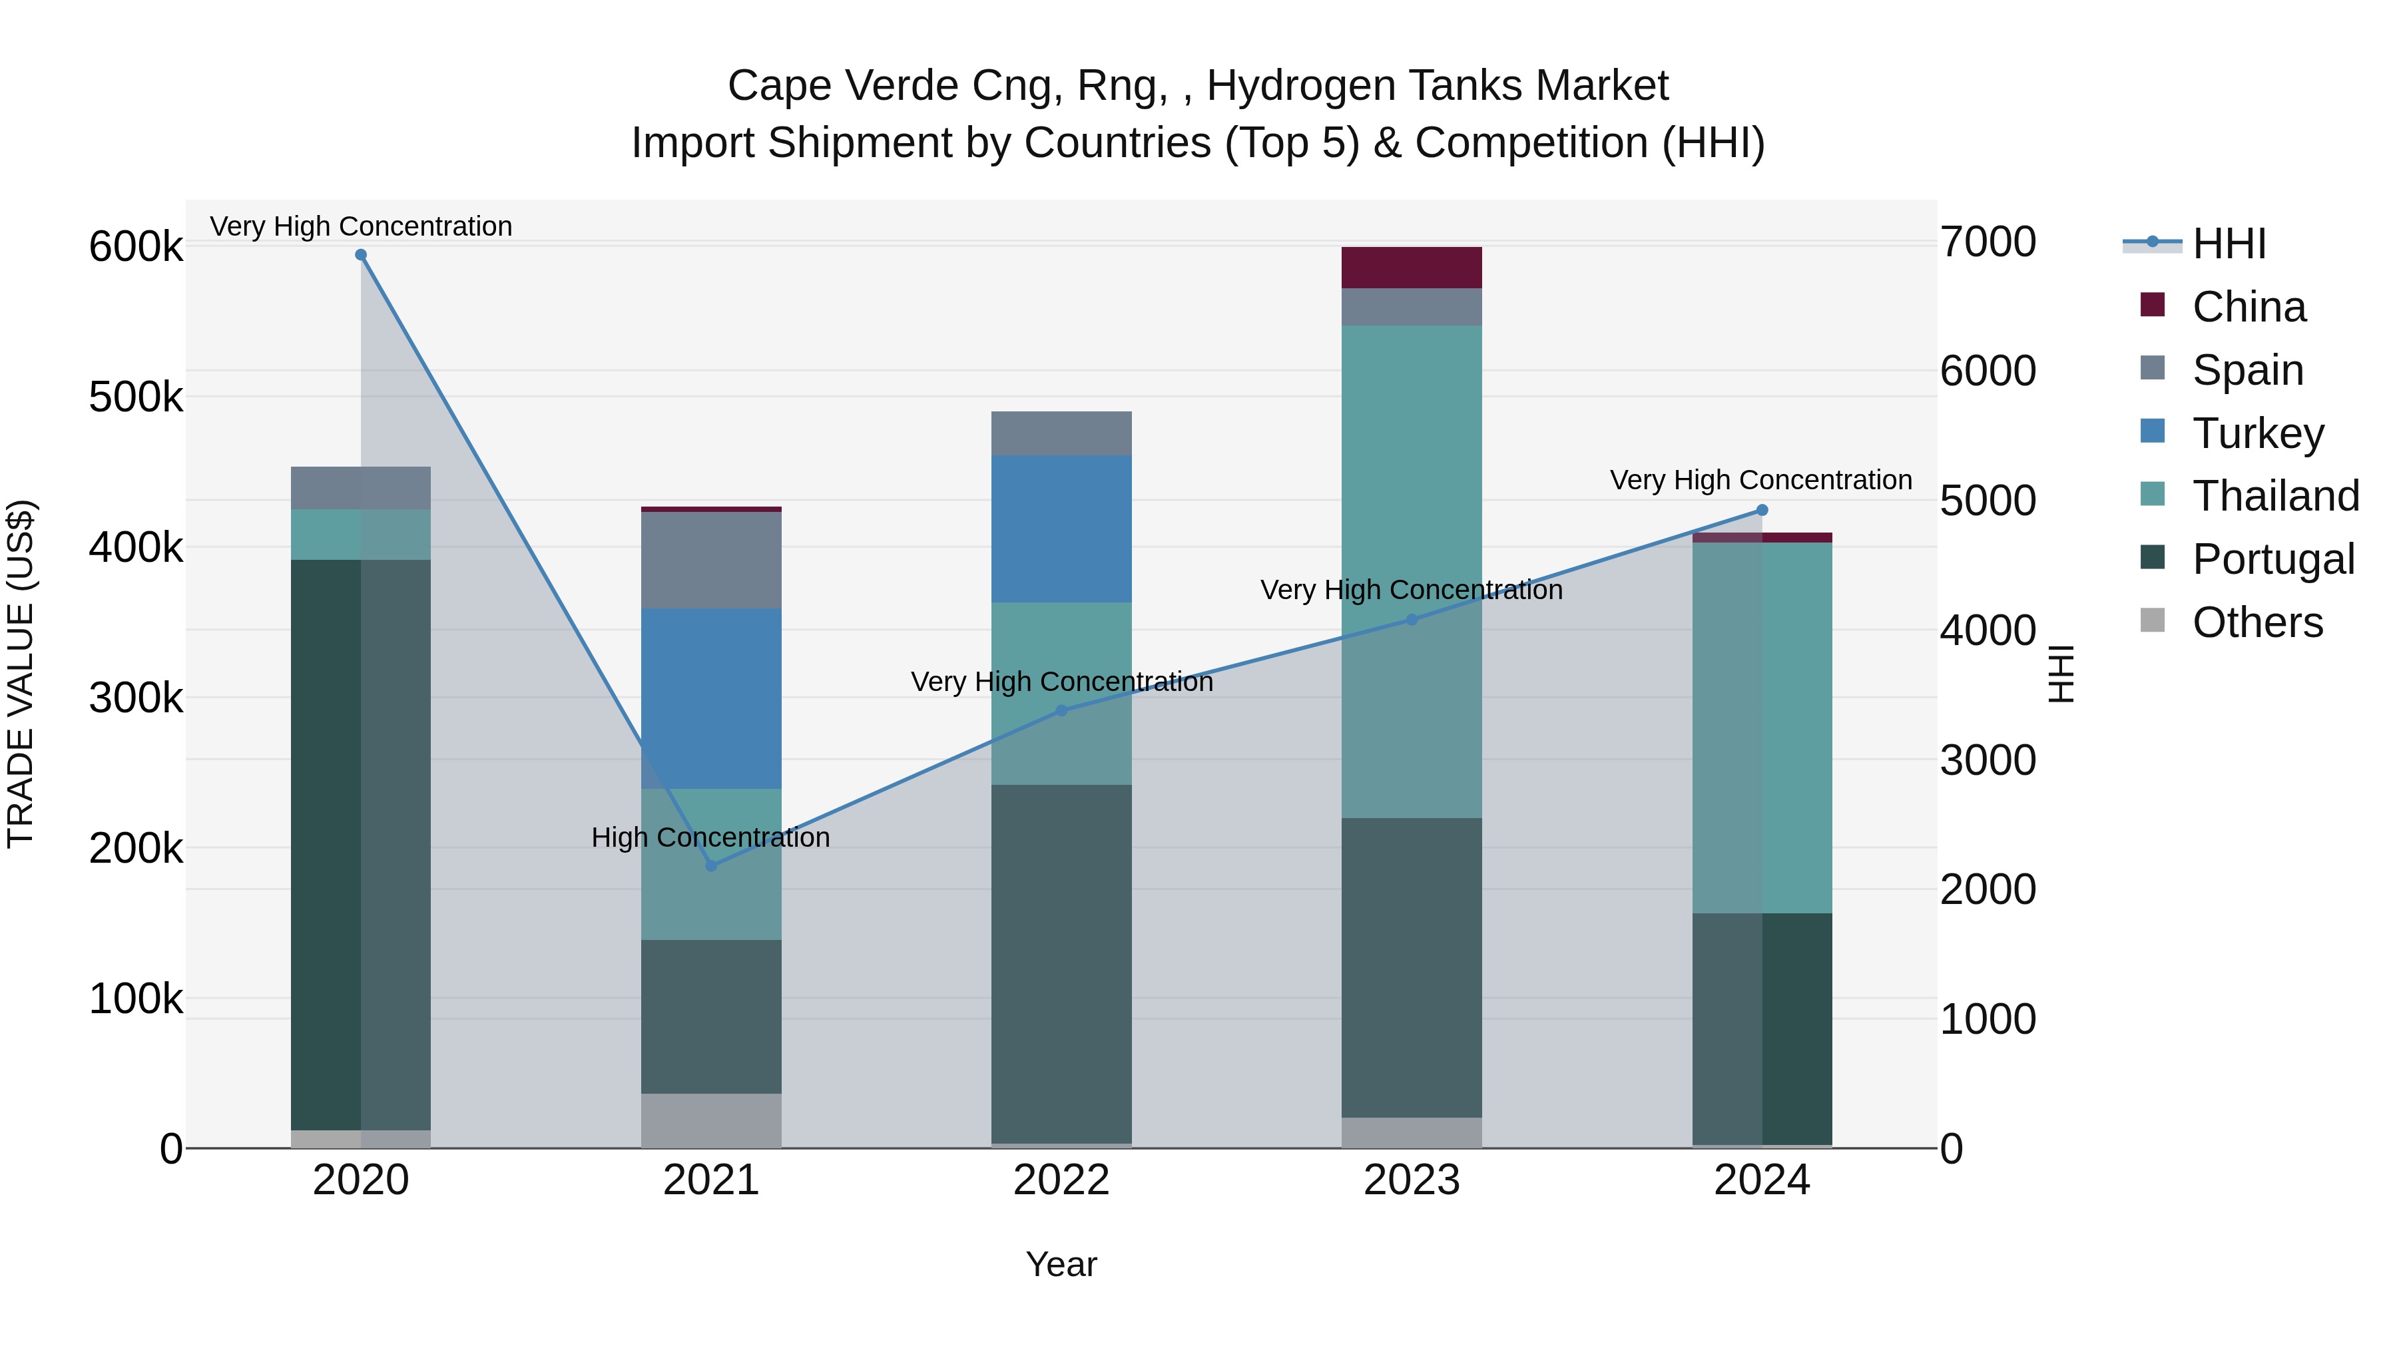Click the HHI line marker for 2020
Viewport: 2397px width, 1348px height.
[x=361, y=255]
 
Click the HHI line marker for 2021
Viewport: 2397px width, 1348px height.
[x=711, y=866]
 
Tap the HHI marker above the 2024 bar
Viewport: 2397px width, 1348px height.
[x=1761, y=510]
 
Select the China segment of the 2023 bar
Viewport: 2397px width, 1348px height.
[x=1411, y=268]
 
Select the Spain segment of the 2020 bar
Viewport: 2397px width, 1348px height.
[x=361, y=487]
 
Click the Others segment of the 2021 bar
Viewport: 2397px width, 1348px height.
[x=711, y=1120]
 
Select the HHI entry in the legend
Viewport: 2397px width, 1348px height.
[x=2228, y=244]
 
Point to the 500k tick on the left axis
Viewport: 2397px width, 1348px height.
[x=136, y=397]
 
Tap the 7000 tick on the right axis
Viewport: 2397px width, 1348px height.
[x=1988, y=242]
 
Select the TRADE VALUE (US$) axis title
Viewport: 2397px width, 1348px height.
[x=21, y=674]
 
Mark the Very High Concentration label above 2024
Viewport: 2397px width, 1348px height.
[x=1760, y=480]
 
